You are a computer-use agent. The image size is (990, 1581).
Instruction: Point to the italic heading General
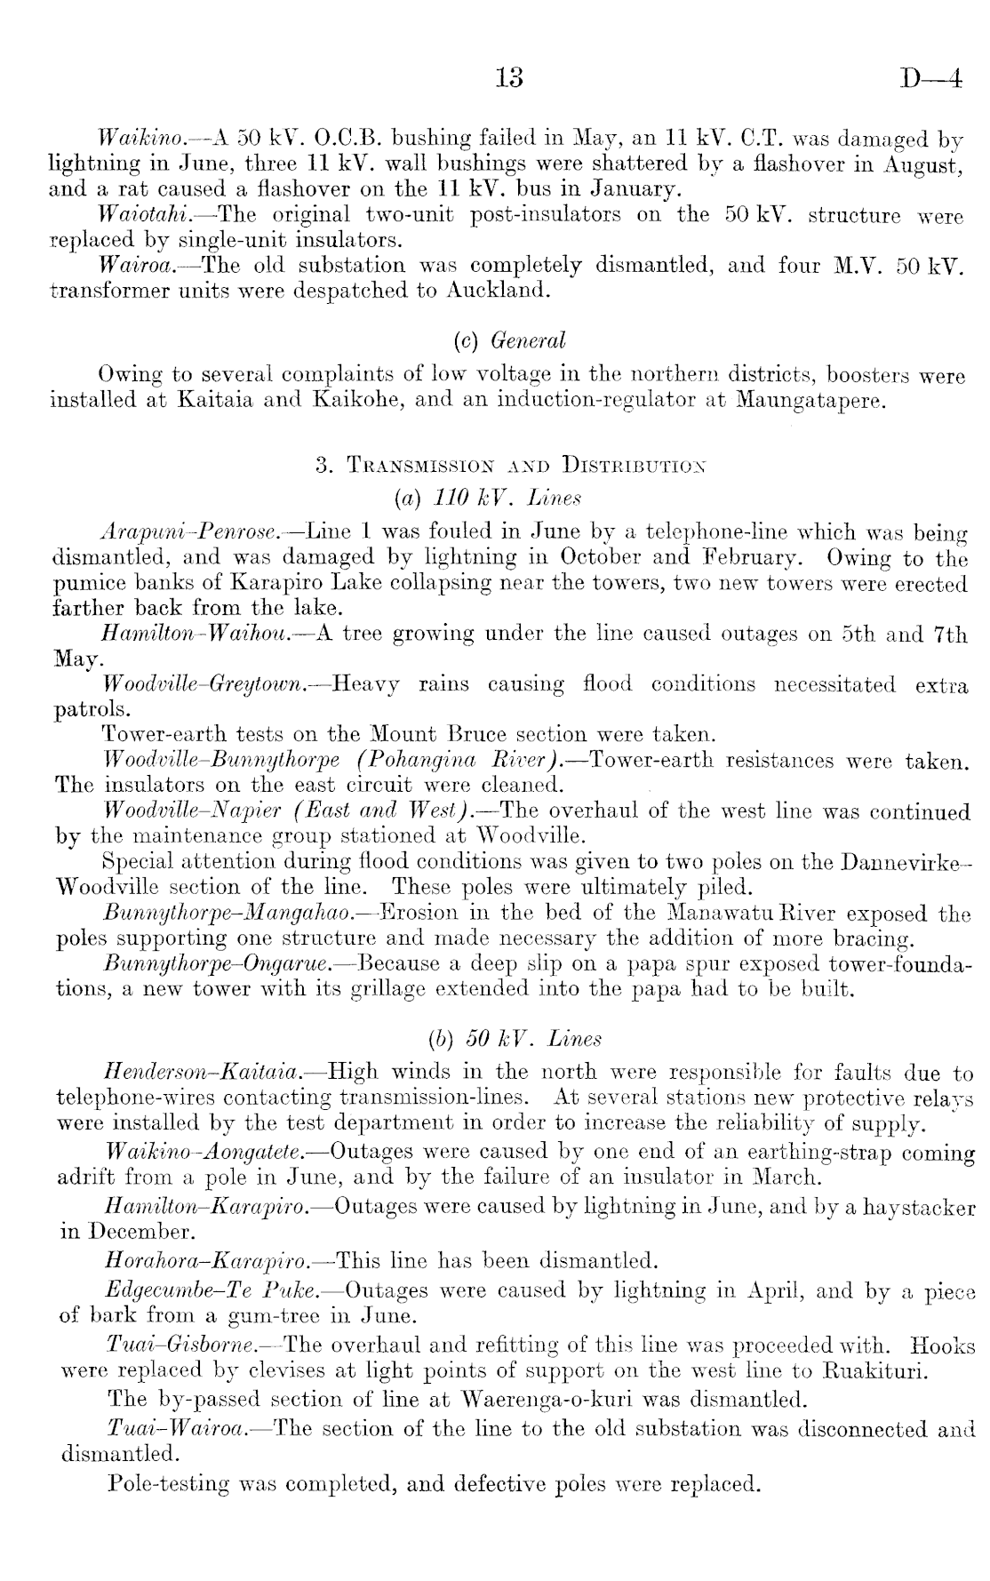533,341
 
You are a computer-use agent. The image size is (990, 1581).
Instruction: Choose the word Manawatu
708,914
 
